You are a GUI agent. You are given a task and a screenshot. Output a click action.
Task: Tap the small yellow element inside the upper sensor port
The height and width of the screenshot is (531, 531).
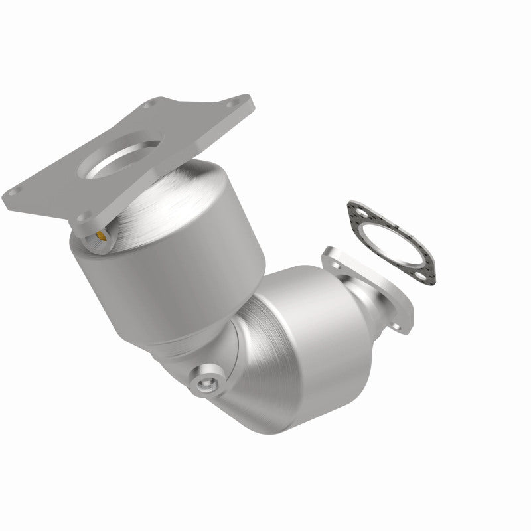pos(100,235)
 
